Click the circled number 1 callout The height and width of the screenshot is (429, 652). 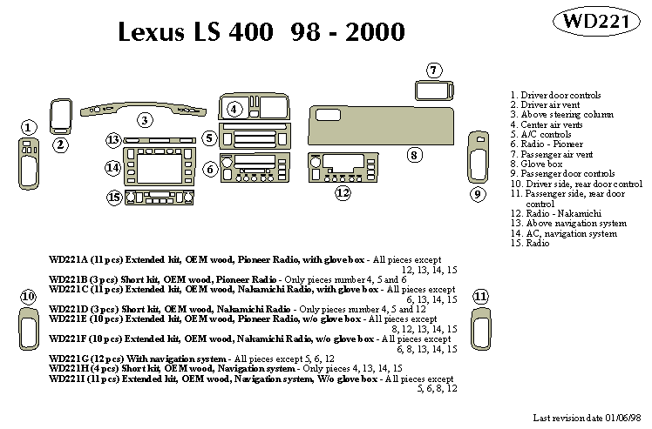tap(29, 128)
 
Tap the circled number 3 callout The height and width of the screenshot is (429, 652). tap(146, 120)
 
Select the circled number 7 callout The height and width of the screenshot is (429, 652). tap(434, 70)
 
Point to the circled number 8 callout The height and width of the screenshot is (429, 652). tap(415, 155)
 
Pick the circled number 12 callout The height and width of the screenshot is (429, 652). tap(343, 192)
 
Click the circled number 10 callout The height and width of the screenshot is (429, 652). tap(29, 297)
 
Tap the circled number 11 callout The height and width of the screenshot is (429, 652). tap(480, 297)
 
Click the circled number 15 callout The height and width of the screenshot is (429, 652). tap(114, 198)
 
